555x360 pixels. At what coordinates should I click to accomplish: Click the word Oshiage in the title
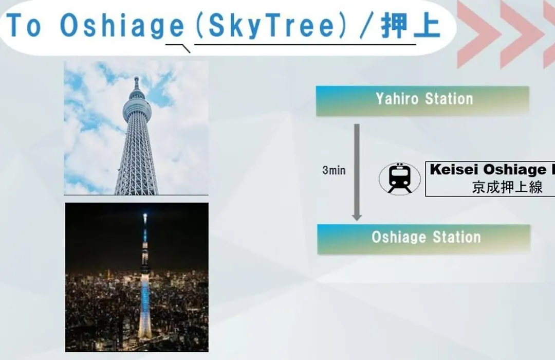(x=122, y=26)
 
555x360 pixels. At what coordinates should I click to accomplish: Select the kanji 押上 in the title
(x=411, y=26)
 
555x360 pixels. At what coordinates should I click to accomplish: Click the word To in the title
(x=24, y=25)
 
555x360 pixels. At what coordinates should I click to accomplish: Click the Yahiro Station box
(x=422, y=101)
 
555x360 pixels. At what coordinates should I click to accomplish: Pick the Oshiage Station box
(x=423, y=239)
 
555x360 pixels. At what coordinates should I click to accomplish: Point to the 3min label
(x=334, y=170)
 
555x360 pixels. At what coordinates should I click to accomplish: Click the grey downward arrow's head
(x=357, y=217)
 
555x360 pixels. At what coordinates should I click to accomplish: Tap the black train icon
(x=400, y=178)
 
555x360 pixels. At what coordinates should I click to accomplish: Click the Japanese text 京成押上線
(x=507, y=187)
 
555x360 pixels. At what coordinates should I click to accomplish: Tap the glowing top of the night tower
(x=145, y=217)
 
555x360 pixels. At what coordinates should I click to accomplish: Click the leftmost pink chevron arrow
(x=478, y=34)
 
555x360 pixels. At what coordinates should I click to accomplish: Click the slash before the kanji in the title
(x=366, y=26)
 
